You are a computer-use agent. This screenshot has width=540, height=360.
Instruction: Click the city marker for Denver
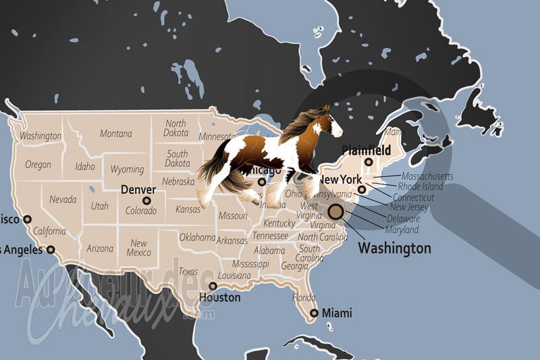coord(146,201)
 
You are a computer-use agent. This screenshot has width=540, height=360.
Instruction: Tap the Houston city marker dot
coord(213,286)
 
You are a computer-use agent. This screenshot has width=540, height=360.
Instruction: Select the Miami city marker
coord(314,313)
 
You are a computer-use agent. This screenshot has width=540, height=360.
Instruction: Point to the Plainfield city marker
coord(369,162)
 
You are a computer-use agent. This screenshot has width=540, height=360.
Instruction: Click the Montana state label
coord(116,134)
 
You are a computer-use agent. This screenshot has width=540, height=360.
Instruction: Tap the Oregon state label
coord(38,164)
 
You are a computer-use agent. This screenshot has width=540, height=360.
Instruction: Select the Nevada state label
coord(62,200)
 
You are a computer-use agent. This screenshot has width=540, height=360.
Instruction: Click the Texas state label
coord(188,272)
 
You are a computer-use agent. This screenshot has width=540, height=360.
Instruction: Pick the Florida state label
coord(304,297)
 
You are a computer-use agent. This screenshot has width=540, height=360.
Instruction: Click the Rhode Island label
coord(421,186)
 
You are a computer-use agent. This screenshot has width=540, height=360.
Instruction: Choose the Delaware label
coord(404,219)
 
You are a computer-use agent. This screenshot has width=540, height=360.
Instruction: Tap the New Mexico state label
coord(139,248)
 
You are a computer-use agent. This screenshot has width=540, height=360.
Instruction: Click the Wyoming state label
coord(127,170)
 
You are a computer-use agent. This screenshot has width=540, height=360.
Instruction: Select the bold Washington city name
coord(394,249)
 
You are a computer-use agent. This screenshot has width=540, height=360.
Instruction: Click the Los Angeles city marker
coord(50,249)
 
